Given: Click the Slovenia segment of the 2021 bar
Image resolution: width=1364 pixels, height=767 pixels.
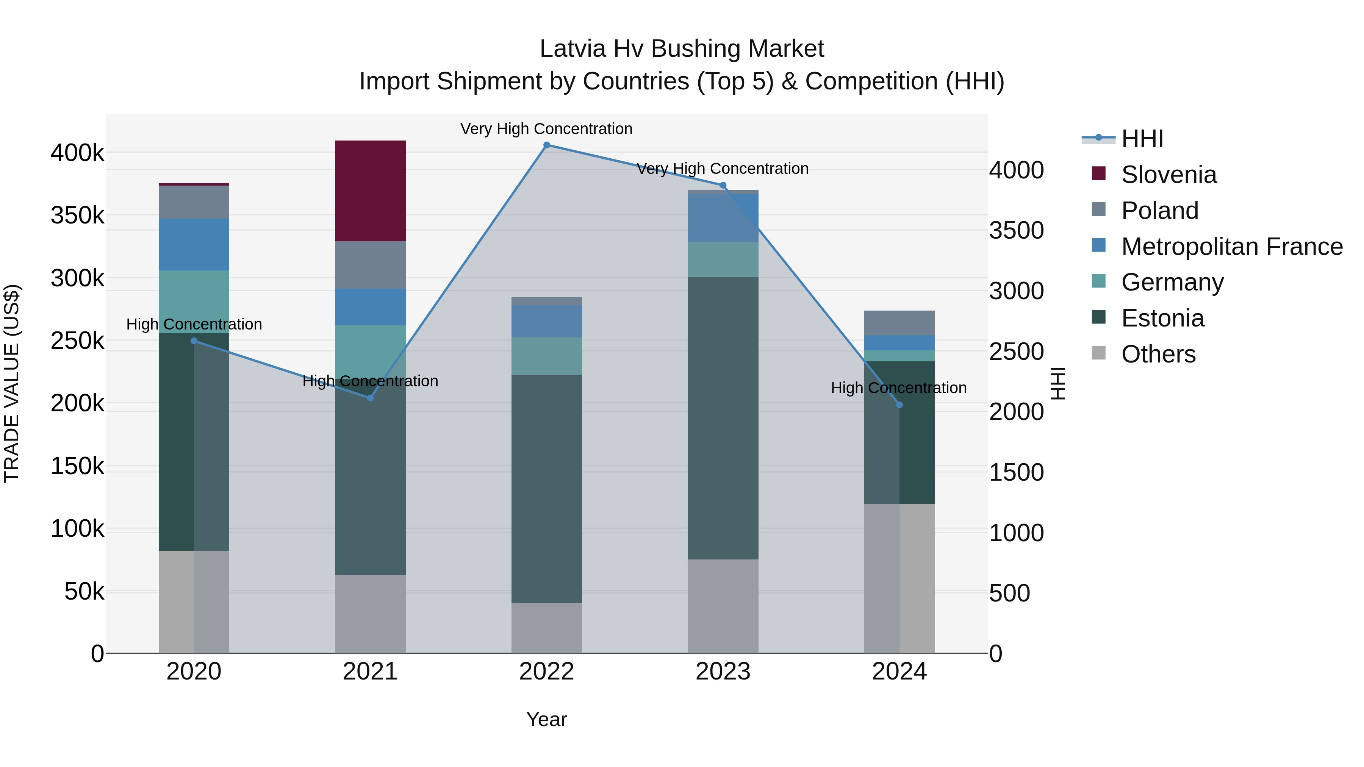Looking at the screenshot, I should [x=370, y=191].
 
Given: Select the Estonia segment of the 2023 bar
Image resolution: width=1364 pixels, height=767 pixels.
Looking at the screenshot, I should [x=723, y=418].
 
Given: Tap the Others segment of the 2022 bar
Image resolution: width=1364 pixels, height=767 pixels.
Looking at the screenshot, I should [x=546, y=628].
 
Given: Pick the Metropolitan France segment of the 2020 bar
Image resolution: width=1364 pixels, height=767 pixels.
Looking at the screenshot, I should [x=194, y=245].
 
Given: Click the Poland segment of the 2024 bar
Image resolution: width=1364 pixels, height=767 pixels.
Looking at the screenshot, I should [x=899, y=323].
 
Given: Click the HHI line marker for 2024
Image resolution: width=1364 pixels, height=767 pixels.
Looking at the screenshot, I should [x=899, y=405].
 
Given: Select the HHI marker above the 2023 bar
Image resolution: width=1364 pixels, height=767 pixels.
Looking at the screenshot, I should [x=723, y=185].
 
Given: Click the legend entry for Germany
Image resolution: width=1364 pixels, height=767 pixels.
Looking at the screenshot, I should [x=1172, y=282].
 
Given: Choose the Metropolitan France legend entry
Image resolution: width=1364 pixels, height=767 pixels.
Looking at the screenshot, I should [x=1232, y=247].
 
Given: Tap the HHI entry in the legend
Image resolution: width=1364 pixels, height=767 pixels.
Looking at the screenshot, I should [x=1142, y=139].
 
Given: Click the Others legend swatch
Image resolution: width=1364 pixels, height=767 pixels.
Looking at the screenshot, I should [x=1099, y=353].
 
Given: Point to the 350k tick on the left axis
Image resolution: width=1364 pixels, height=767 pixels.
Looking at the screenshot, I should [x=77, y=216].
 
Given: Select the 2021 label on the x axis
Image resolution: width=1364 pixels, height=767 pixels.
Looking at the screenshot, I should [x=370, y=672].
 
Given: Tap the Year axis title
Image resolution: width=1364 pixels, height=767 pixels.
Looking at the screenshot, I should [x=546, y=719].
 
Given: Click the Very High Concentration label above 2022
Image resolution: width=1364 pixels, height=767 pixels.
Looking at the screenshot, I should [x=546, y=129].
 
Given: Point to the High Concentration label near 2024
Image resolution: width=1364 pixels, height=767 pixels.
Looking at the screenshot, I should [x=899, y=388].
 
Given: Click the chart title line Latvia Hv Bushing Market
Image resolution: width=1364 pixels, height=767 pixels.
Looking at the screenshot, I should [x=682, y=49].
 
